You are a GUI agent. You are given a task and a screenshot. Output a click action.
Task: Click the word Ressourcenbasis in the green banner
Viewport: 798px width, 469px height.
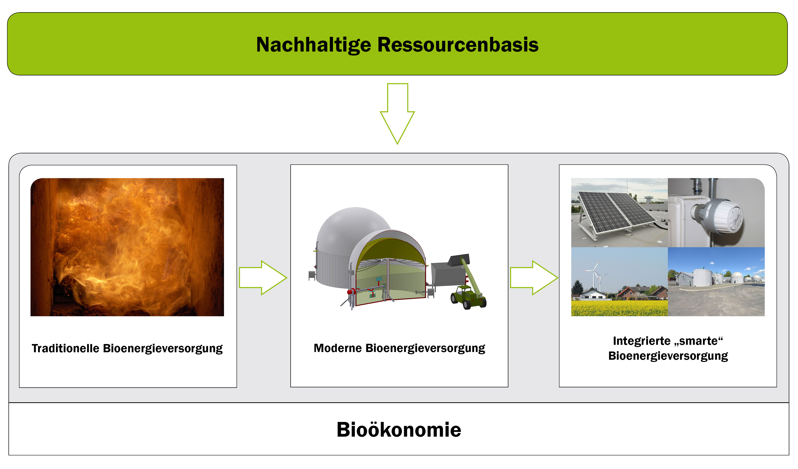click(x=458, y=44)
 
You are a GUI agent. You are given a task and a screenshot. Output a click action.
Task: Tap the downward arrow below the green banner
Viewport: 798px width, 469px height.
click(x=397, y=114)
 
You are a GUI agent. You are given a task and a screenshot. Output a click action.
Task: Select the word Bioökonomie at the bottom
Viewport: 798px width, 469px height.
click(x=399, y=430)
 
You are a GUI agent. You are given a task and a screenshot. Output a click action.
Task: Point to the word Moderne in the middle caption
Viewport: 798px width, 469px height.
click(x=338, y=348)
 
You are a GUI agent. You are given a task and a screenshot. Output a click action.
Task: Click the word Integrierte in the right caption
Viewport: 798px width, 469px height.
click(x=641, y=341)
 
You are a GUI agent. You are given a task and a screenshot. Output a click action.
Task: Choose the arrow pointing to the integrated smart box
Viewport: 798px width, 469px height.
click(x=534, y=278)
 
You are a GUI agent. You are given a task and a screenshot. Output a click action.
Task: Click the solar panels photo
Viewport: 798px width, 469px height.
click(x=619, y=212)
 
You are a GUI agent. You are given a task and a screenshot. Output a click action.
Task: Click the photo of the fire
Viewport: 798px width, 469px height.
click(x=127, y=247)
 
